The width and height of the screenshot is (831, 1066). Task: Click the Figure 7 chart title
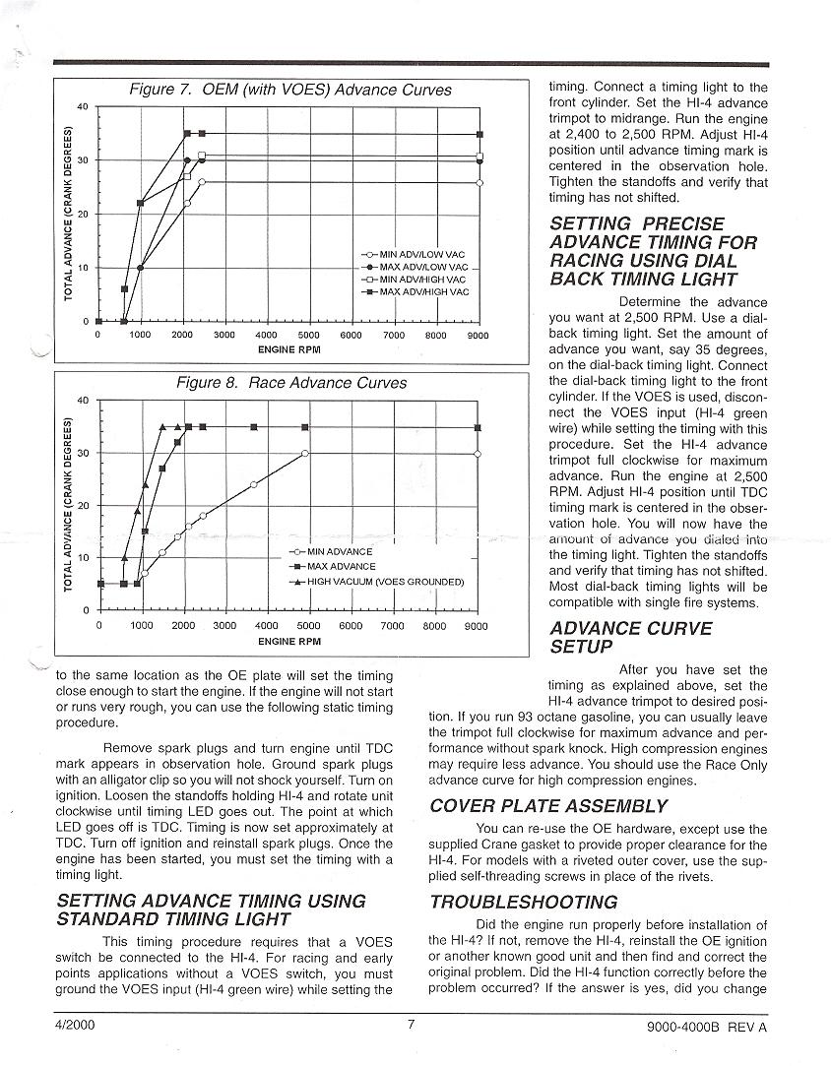(290, 90)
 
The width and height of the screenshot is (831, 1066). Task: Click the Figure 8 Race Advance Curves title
(290, 382)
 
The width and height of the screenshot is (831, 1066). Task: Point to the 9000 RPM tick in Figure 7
(479, 335)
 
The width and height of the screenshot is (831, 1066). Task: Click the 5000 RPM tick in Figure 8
(308, 625)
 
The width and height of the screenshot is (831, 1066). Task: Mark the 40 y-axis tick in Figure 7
(83, 106)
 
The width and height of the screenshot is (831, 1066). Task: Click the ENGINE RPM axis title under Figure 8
(289, 641)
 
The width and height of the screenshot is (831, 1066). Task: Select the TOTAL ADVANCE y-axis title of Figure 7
(69, 215)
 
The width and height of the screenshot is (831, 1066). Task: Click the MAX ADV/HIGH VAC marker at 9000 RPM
(479, 134)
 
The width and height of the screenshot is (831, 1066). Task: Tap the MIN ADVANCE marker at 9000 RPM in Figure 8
(478, 454)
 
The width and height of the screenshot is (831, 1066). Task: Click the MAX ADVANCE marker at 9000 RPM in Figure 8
(478, 428)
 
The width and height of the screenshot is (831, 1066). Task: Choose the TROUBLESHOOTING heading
(524, 902)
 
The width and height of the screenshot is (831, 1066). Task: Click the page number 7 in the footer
(412, 1025)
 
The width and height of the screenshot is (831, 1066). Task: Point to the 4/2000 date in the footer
(73, 1025)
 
